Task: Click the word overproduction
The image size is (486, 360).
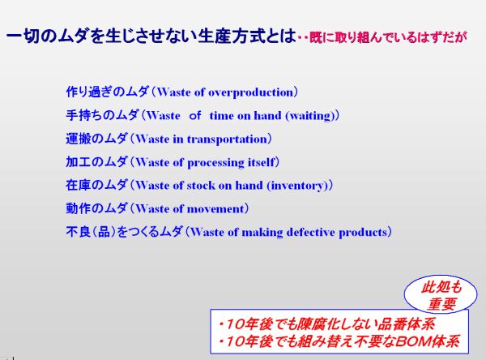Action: [x=250, y=92]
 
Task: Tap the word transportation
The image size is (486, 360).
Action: [x=228, y=139]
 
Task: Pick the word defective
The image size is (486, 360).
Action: [x=310, y=232]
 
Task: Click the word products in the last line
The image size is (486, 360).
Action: [x=363, y=233]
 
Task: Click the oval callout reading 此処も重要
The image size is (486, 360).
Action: [x=441, y=294]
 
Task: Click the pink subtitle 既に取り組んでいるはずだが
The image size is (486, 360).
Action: [x=388, y=37]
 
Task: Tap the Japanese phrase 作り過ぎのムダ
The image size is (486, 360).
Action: [x=107, y=92]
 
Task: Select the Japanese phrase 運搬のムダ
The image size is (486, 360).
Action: [x=96, y=139]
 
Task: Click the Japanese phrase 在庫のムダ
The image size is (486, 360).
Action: [x=96, y=186]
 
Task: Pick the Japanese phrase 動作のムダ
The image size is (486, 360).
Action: [x=96, y=208]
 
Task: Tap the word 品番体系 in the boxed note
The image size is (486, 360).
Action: [x=406, y=324]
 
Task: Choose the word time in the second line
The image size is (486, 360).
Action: [x=221, y=116]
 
